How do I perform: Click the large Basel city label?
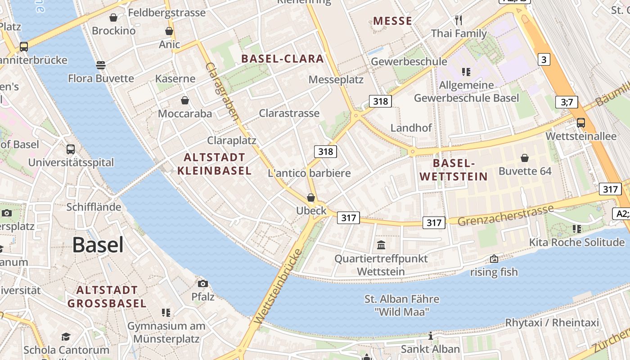click(x=98, y=245)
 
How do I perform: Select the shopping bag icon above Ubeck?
click(x=310, y=198)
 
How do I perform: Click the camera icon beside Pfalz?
click(x=203, y=283)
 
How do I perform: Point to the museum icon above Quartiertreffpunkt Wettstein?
click(x=381, y=245)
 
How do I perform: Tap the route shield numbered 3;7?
click(x=567, y=102)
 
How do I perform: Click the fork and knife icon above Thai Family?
click(x=459, y=20)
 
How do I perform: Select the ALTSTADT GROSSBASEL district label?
click(x=107, y=297)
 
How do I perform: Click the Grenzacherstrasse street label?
click(x=506, y=216)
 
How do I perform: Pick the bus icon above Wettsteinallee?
click(x=581, y=122)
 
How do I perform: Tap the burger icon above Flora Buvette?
click(x=101, y=65)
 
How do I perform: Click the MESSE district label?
click(x=393, y=21)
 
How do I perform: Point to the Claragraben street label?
click(x=222, y=91)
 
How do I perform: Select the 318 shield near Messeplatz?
click(x=380, y=101)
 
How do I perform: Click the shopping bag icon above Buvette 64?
click(x=525, y=158)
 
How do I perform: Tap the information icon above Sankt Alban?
click(x=431, y=336)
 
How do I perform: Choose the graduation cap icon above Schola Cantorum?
click(x=66, y=337)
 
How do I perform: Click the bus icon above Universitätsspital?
click(x=71, y=149)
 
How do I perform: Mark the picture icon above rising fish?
click(x=494, y=259)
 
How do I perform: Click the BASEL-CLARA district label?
click(x=283, y=58)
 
